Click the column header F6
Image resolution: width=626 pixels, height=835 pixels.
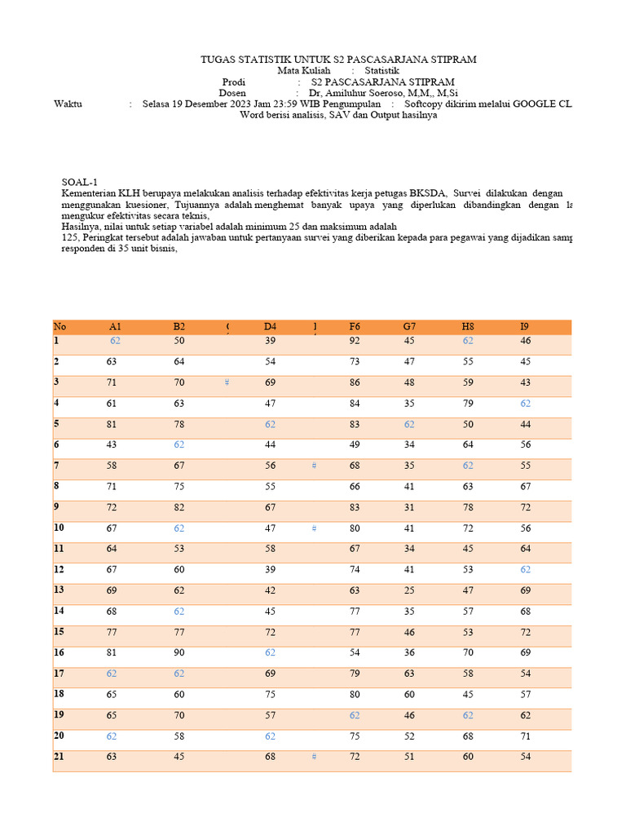click(355, 327)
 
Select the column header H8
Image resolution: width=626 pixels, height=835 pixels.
click(468, 327)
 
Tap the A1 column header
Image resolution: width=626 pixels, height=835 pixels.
click(115, 327)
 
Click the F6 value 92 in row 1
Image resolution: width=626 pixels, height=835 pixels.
click(355, 341)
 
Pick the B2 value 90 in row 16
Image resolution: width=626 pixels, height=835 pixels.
click(179, 652)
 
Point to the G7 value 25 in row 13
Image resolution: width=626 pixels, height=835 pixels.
click(409, 590)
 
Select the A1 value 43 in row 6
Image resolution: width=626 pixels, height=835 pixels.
click(112, 444)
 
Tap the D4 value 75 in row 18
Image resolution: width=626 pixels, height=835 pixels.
click(271, 695)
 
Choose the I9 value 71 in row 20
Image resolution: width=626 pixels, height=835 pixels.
click(526, 736)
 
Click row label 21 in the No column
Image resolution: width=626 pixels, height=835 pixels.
click(59, 757)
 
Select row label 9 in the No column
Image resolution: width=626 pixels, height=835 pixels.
click(57, 506)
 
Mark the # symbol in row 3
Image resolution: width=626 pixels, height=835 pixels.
click(227, 382)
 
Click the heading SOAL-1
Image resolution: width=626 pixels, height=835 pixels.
click(79, 181)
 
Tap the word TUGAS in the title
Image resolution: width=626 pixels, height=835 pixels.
click(218, 60)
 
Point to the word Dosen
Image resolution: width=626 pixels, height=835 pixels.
click(233, 94)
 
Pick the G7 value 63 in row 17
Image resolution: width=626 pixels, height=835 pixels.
click(409, 674)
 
